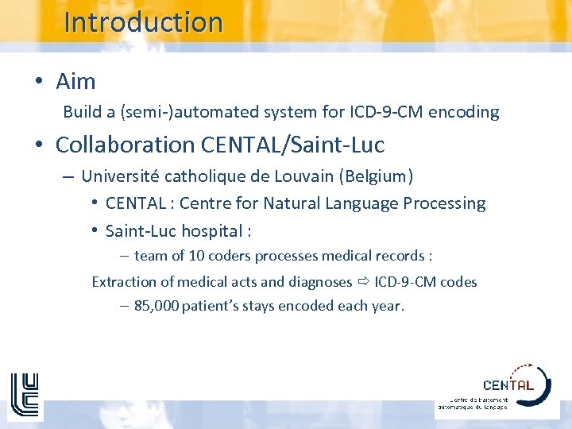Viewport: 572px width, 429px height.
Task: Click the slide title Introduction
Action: pyautogui.click(x=143, y=22)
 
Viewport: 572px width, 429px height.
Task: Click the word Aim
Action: pyautogui.click(x=75, y=81)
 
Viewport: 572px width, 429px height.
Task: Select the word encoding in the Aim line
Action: pyautogui.click(x=463, y=112)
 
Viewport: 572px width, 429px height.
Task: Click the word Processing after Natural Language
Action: pyautogui.click(x=445, y=203)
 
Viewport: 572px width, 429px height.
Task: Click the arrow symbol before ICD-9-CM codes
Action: pyautogui.click(x=363, y=282)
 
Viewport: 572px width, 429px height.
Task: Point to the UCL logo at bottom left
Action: pyautogui.click(x=24, y=395)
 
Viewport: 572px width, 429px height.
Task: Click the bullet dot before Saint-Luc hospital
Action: pyautogui.click(x=94, y=231)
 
